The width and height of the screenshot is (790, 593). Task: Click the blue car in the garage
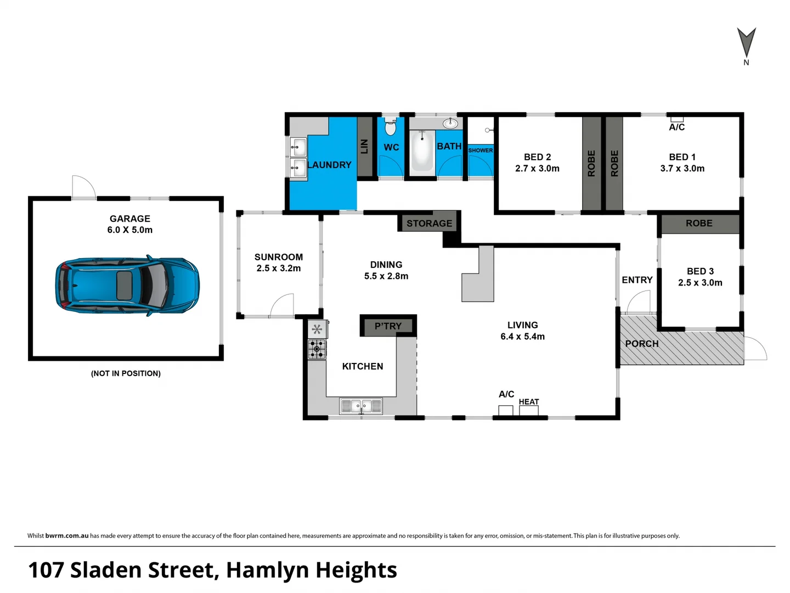point(127,286)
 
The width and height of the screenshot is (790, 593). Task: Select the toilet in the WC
point(390,127)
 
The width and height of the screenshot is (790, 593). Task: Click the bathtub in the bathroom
point(422,151)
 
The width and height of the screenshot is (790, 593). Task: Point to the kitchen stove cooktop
point(317,349)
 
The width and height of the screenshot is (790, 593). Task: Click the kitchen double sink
point(360,406)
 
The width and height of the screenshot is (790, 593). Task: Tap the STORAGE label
point(429,223)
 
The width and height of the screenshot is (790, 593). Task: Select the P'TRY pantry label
point(388,326)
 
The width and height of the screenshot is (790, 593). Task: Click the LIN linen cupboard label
point(364,147)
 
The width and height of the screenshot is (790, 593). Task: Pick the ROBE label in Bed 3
point(699,223)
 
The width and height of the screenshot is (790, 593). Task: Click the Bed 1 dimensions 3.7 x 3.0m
point(682,169)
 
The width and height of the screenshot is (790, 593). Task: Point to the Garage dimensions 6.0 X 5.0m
point(130,230)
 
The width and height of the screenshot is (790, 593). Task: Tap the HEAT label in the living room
point(529,402)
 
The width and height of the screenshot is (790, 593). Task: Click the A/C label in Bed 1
point(676,127)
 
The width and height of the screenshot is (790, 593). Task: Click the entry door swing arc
point(639,302)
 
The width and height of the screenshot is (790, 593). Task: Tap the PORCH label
point(641,344)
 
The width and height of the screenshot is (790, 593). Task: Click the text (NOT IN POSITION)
point(126,373)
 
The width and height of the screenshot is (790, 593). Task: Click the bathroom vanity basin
point(450,124)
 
